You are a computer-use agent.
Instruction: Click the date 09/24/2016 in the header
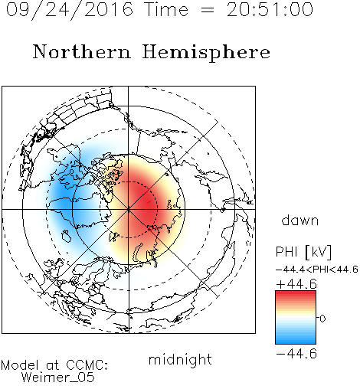70,10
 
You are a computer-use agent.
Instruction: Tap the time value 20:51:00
270,10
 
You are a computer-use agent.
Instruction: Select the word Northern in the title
82,51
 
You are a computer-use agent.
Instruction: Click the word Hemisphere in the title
206,52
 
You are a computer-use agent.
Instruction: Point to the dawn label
300,220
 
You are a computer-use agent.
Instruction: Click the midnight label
180,360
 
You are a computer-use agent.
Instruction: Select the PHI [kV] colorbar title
303,252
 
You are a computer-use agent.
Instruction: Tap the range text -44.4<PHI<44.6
317,270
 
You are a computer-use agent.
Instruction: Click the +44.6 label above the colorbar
296,284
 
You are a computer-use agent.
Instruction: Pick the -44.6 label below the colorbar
296,354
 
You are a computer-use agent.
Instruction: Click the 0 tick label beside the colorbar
322,319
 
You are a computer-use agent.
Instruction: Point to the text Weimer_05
58,378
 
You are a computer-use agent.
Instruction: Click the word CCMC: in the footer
87,365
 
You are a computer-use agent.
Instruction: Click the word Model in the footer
20,365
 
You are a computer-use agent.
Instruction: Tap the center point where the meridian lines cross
129,209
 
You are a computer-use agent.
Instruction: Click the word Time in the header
166,10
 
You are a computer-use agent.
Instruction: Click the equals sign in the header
208,11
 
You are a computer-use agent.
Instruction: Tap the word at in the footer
53,365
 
